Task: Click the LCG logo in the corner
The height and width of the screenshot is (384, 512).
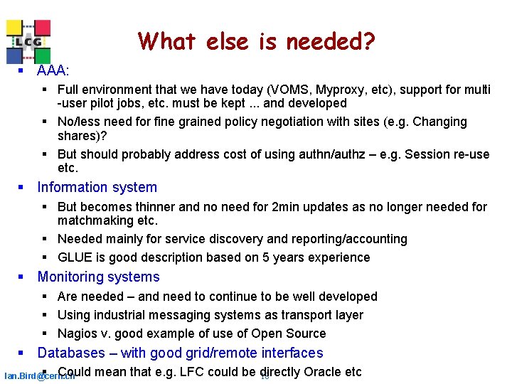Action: click(x=28, y=41)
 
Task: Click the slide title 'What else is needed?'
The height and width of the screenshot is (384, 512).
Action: click(x=256, y=41)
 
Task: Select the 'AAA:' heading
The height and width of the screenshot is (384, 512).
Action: click(x=53, y=70)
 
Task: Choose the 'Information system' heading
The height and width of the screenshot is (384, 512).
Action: click(x=97, y=187)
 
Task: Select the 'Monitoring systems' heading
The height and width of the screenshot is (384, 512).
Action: click(x=98, y=277)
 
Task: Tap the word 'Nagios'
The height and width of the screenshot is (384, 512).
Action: click(x=77, y=334)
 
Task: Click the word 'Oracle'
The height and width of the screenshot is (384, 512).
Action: click(x=323, y=372)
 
